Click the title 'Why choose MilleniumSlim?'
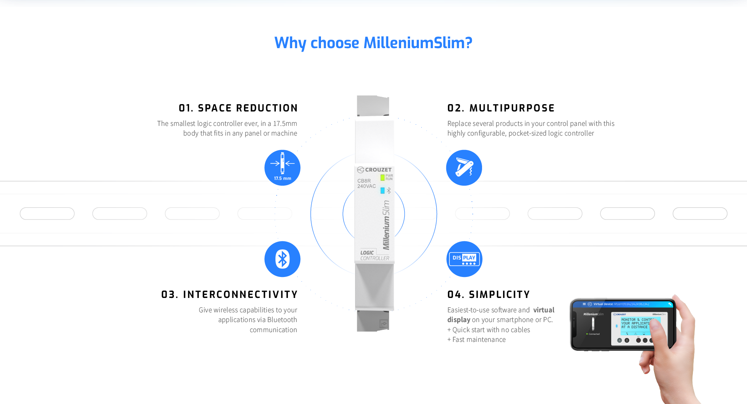pos(373,43)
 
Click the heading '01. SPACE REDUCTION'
pos(238,108)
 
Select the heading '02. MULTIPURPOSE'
pos(501,108)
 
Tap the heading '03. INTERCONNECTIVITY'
pos(230,294)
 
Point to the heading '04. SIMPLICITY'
pos(488,294)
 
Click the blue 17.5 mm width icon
pos(282,167)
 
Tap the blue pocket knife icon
pos(464,167)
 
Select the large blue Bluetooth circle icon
pos(282,259)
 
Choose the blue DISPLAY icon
pos(464,259)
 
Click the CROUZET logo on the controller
pos(374,170)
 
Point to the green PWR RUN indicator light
pos(382,178)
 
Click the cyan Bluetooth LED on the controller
pos(382,190)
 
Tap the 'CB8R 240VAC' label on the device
pos(366,183)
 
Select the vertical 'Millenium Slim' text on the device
pos(386,225)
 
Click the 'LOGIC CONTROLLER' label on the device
pos(374,255)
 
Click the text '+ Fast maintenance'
pos(477,340)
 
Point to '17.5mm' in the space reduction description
pos(285,124)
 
